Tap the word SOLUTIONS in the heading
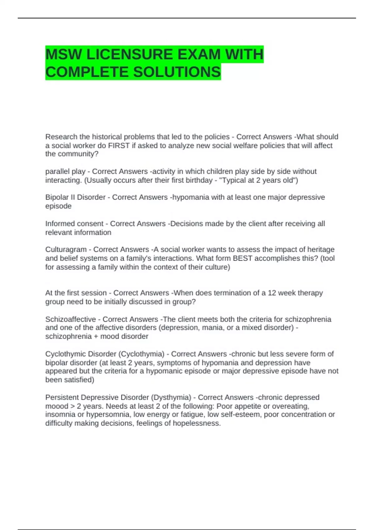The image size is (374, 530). coord(177,72)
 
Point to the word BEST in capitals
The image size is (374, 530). coord(242,258)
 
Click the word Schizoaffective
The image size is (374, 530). coord(70,319)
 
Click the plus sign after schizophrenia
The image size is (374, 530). coord(96,336)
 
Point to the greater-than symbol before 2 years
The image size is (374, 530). coord(73,406)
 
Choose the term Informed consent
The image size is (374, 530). coord(74,224)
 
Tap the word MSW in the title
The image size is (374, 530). coord(64,55)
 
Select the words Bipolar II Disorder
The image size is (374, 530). coord(75,197)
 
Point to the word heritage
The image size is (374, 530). coord(321,249)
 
